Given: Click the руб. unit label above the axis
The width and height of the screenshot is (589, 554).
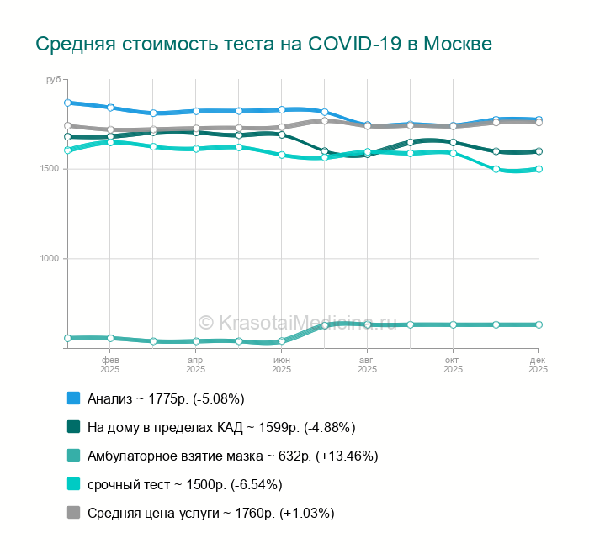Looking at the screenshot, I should coord(53,80).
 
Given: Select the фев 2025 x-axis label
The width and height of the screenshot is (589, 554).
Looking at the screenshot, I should coord(109,364).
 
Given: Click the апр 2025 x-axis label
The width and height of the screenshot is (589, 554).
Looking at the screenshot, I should coord(195,364).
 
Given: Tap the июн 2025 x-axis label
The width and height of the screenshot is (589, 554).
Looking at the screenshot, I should coord(281,364).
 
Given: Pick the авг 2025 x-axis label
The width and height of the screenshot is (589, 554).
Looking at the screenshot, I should coord(367,364).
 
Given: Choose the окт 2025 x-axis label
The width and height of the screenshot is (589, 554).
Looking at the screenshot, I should coord(453,364).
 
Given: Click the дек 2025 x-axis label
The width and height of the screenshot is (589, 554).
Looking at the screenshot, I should coord(538,364).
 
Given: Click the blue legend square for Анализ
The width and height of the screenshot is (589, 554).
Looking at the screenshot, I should coord(73,398).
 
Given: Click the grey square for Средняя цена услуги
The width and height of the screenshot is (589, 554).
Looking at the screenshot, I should coord(73,513).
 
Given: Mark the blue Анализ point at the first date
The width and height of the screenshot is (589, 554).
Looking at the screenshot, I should coord(67,103).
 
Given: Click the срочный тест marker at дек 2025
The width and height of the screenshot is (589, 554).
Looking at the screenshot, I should coord(539,169).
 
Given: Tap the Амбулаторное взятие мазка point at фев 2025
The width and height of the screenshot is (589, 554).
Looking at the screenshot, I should coord(110,338).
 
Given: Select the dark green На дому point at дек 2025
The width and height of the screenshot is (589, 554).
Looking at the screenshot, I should coord(539,151).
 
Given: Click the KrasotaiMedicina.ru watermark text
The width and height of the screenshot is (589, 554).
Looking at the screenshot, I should coord(297,323).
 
